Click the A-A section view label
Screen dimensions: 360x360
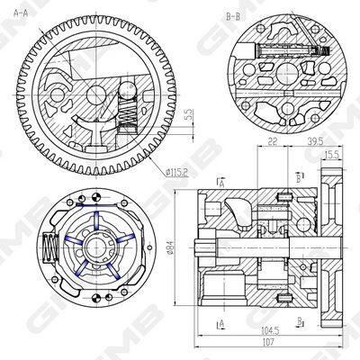21,13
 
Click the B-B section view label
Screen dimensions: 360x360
233,17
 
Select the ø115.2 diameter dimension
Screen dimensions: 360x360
176,173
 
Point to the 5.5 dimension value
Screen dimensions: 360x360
189,115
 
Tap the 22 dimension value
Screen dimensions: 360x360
272,141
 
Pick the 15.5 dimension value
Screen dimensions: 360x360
331,155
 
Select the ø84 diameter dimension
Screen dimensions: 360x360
170,247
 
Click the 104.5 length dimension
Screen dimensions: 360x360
270,331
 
